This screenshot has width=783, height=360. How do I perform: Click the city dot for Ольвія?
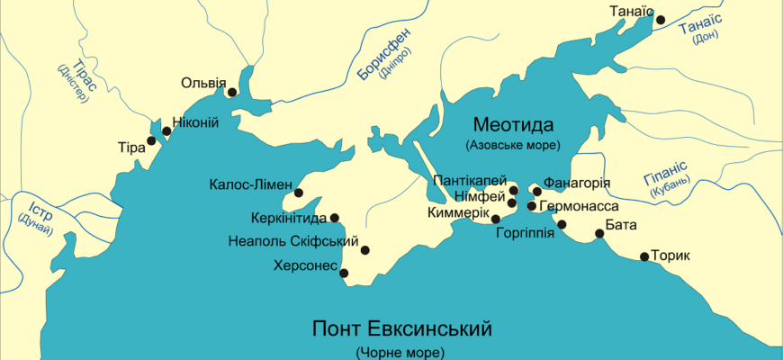(232, 92)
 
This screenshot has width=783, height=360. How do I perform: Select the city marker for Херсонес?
(344, 273)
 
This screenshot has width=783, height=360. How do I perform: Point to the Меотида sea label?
(513, 124)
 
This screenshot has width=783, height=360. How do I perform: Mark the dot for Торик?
(644, 256)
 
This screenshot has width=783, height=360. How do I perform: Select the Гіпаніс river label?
(665, 168)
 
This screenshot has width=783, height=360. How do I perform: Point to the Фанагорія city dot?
(537, 191)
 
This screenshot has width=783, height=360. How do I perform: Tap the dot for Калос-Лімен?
(299, 193)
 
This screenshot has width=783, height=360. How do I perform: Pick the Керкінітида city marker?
(335, 217)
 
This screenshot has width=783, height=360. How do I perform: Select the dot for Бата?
(600, 235)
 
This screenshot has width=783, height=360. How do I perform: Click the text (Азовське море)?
(513, 145)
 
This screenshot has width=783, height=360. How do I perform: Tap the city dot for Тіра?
(151, 140)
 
